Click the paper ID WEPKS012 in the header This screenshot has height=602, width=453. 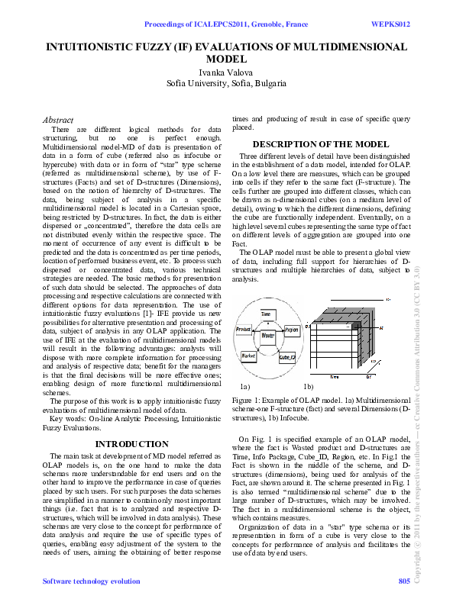(391, 24)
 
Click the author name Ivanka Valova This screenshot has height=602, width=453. (227, 72)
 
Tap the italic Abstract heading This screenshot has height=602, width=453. (58, 120)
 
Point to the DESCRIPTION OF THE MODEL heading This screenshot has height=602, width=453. (321, 144)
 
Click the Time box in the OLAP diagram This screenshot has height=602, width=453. (266, 314)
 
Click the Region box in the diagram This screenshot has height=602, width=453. (291, 330)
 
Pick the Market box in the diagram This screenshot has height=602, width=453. (248, 355)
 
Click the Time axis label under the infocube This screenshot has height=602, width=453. (334, 376)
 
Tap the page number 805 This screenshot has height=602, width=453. (404, 582)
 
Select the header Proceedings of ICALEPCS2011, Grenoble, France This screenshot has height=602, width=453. (226, 24)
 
